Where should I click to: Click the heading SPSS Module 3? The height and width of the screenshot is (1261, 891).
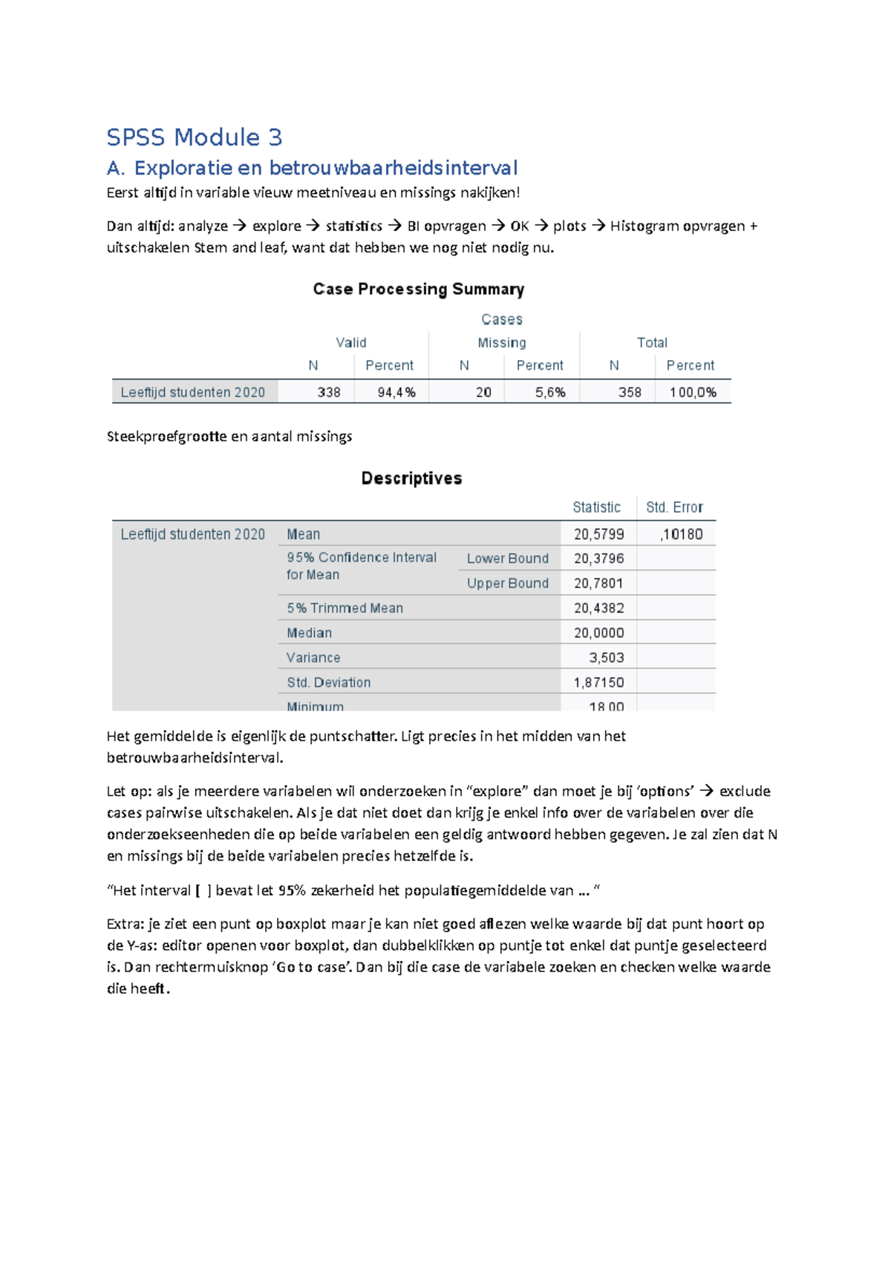coord(194,137)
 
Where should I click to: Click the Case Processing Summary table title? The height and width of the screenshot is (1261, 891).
coord(418,289)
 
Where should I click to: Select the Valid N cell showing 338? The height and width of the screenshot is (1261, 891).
coord(328,392)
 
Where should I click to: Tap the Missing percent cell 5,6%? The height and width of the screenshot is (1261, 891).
coord(550,392)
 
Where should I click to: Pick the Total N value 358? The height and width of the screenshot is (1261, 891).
coord(629,392)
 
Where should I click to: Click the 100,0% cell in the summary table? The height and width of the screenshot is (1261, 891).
coord(693,392)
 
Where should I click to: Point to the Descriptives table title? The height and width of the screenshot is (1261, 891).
coord(411,478)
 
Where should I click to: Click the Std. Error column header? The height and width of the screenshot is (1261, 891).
coord(673,507)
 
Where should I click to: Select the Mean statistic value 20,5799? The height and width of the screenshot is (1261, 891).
coord(598,534)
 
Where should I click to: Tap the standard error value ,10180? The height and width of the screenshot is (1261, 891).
coord(681,534)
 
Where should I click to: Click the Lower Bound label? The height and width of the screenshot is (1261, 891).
coord(507,558)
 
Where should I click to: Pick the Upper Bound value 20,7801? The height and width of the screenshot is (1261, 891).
coord(598,583)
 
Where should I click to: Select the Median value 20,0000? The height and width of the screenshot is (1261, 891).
coord(598,633)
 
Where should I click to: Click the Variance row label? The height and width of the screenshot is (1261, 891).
coord(313,657)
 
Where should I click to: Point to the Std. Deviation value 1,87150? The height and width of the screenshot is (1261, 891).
coord(598,682)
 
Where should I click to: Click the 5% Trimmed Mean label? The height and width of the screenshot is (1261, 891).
coord(345,607)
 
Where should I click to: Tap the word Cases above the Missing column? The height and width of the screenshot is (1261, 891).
coord(501,319)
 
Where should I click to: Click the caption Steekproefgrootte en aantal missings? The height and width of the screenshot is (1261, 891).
coord(229,437)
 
